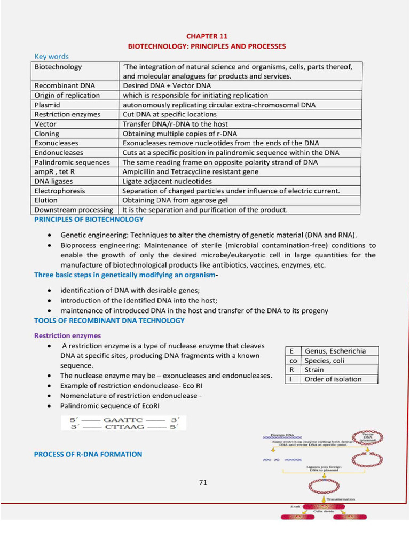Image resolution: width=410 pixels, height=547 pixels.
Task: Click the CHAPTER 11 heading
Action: [207, 36]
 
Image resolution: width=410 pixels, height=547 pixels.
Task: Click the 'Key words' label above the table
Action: [51, 56]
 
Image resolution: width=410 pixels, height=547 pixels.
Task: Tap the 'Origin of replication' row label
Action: [67, 95]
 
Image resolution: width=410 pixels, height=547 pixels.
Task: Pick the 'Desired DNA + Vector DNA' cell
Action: [167, 85]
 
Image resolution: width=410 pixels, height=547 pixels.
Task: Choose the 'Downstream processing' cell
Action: [74, 210]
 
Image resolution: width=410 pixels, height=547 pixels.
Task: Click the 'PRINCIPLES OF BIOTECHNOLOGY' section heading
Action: [89, 220]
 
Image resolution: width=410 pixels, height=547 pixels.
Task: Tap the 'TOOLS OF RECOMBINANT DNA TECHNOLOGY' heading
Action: [109, 321]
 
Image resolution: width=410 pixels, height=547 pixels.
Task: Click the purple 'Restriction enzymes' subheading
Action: [67, 336]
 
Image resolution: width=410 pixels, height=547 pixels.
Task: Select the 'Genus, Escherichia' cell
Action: [335, 351]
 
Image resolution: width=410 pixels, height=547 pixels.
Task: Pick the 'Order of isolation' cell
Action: [333, 379]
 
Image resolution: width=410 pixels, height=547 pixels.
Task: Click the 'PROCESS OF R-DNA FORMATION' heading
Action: [88, 454]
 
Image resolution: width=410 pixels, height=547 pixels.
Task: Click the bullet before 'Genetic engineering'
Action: [49, 235]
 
